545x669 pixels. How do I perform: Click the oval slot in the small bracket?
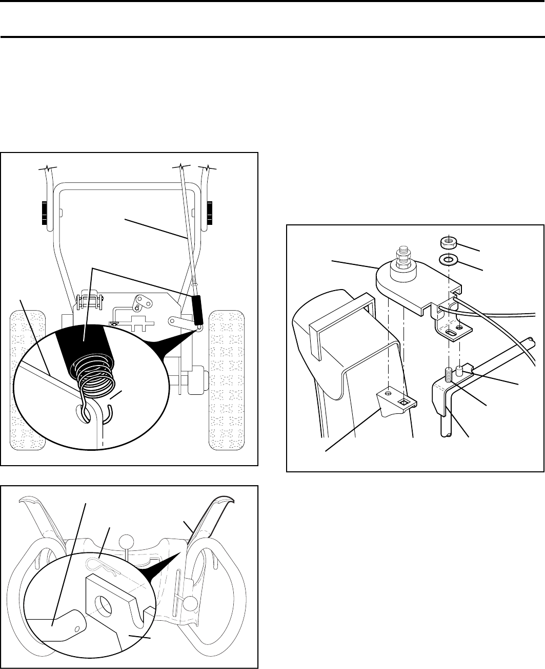(x=451, y=333)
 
